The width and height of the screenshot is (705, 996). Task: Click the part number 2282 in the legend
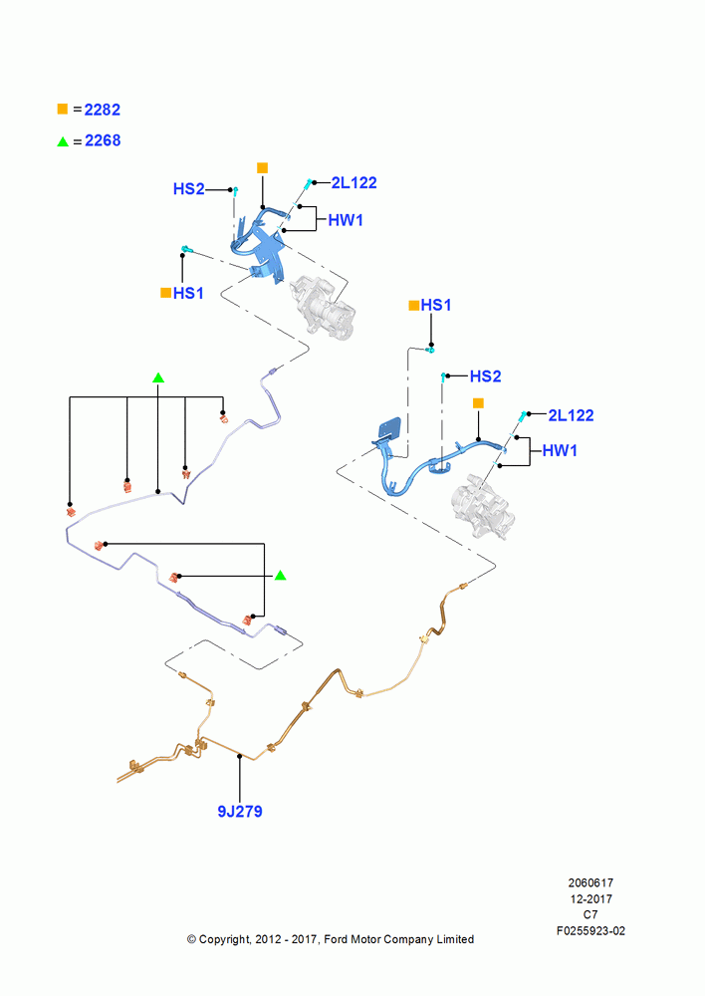[103, 110]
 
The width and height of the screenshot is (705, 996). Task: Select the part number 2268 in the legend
[103, 140]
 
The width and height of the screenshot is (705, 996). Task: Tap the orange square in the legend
[63, 109]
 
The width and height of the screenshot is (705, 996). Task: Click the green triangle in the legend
[63, 141]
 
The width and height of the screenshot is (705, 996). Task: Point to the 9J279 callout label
[239, 811]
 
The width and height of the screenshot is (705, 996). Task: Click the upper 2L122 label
[353, 183]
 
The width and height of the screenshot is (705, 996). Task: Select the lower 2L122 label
[571, 415]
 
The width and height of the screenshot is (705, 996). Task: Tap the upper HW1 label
[346, 220]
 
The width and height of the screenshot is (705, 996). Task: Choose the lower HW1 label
[560, 450]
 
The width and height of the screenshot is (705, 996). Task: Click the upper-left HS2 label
[188, 188]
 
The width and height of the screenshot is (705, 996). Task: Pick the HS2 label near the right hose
[485, 376]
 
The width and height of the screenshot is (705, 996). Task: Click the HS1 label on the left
[188, 293]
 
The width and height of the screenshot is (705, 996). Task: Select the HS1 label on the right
[436, 305]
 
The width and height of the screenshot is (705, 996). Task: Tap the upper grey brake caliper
[322, 308]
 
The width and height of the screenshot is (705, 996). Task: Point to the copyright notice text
[331, 939]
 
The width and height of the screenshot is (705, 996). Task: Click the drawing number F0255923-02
[590, 930]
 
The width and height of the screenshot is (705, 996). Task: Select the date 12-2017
[590, 898]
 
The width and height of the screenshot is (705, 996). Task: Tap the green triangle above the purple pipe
[158, 377]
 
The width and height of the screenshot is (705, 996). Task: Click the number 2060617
[590, 882]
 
